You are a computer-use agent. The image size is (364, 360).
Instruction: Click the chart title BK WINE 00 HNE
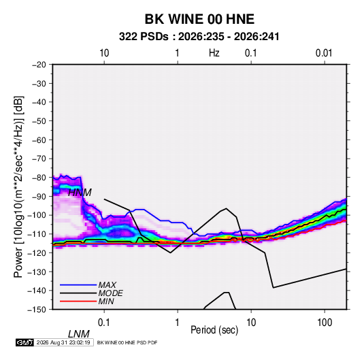click(x=199, y=19)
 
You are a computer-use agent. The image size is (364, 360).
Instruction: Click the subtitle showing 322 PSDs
click(x=199, y=37)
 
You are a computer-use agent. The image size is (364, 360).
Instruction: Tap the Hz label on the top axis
click(x=214, y=53)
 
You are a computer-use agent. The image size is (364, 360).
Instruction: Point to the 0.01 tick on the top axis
click(x=324, y=53)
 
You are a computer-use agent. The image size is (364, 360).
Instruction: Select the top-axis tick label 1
click(x=177, y=53)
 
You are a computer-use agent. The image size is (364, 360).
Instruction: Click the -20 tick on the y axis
click(x=39, y=65)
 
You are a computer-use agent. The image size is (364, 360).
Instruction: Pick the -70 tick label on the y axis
click(x=39, y=159)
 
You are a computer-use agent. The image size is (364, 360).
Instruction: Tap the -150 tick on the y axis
click(x=37, y=310)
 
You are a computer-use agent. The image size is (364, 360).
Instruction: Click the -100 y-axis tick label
click(x=37, y=215)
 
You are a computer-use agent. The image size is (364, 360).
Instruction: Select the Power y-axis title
click(x=18, y=186)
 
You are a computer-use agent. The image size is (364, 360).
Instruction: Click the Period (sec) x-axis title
click(x=214, y=330)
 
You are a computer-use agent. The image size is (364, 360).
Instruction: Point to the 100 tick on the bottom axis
click(x=325, y=323)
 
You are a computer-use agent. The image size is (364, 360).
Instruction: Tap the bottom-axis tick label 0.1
click(x=104, y=323)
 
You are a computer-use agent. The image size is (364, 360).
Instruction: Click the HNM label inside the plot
click(x=80, y=193)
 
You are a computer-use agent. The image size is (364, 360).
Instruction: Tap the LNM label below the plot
click(x=78, y=334)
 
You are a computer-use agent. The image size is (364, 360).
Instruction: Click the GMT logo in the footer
click(x=25, y=342)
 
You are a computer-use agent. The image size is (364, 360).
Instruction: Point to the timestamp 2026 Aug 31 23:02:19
click(x=63, y=342)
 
